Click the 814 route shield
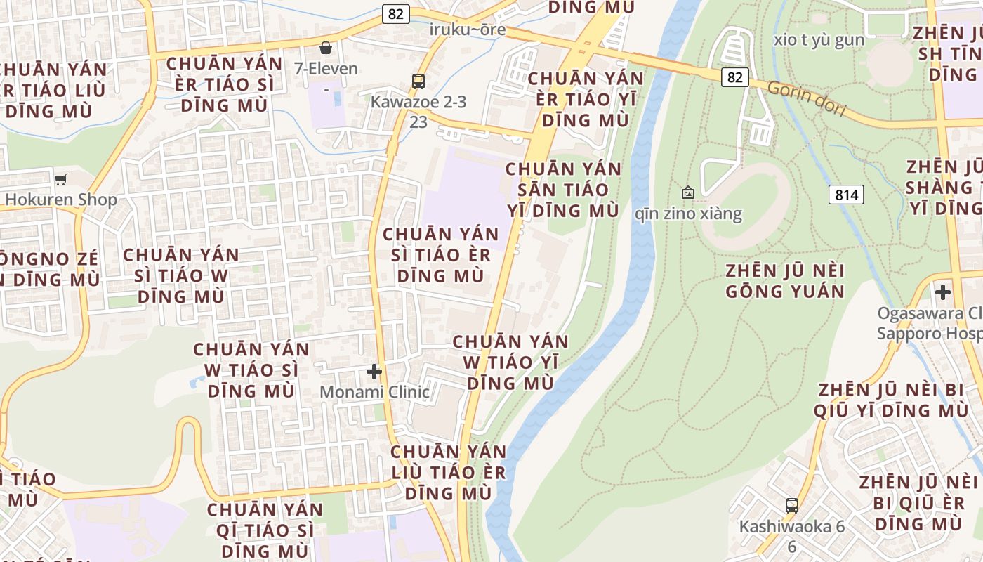846,195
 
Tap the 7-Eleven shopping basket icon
325,48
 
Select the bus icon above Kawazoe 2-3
418,81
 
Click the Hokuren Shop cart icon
60,179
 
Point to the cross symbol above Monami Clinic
374,371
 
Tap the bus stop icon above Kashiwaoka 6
791,505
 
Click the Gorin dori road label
806,98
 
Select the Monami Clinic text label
374,392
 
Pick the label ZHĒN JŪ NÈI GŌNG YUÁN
785,281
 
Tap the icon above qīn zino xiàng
688,192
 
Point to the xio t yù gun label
819,39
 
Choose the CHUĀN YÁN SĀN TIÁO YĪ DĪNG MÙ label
564,190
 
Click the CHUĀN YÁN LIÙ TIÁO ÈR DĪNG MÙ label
448,472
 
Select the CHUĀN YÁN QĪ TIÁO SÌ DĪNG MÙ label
265,530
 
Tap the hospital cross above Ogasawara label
942,292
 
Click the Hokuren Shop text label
61,200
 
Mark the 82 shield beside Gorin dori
734,77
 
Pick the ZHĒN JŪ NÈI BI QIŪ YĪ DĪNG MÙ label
892,400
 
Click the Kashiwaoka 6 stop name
791,526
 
